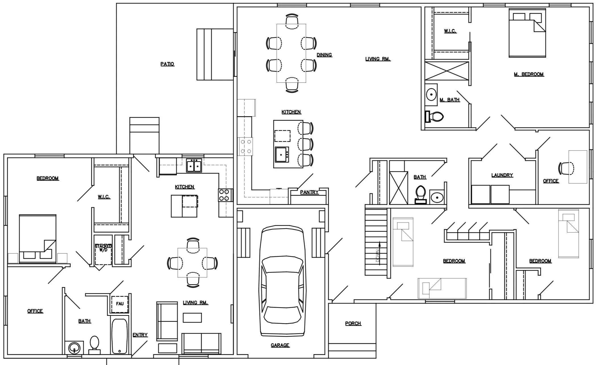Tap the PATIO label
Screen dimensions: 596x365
point(167,64)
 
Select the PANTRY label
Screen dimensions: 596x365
point(309,192)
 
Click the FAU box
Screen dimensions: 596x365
point(120,304)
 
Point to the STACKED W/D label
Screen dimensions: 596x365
point(103,248)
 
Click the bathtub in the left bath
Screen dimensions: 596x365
point(120,336)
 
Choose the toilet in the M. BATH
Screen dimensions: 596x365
point(434,116)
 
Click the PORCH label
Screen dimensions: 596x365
point(353,323)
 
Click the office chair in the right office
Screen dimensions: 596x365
point(566,168)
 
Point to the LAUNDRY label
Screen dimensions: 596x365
point(502,175)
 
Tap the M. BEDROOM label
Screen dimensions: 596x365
point(529,74)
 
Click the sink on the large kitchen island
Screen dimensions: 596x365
point(282,155)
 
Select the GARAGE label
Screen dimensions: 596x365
point(280,345)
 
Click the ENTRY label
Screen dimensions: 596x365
point(140,335)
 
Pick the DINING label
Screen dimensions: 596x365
point(324,55)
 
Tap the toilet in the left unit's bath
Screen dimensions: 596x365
point(94,345)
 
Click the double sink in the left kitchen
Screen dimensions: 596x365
point(194,165)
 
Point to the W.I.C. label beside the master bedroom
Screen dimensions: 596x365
point(450,31)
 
